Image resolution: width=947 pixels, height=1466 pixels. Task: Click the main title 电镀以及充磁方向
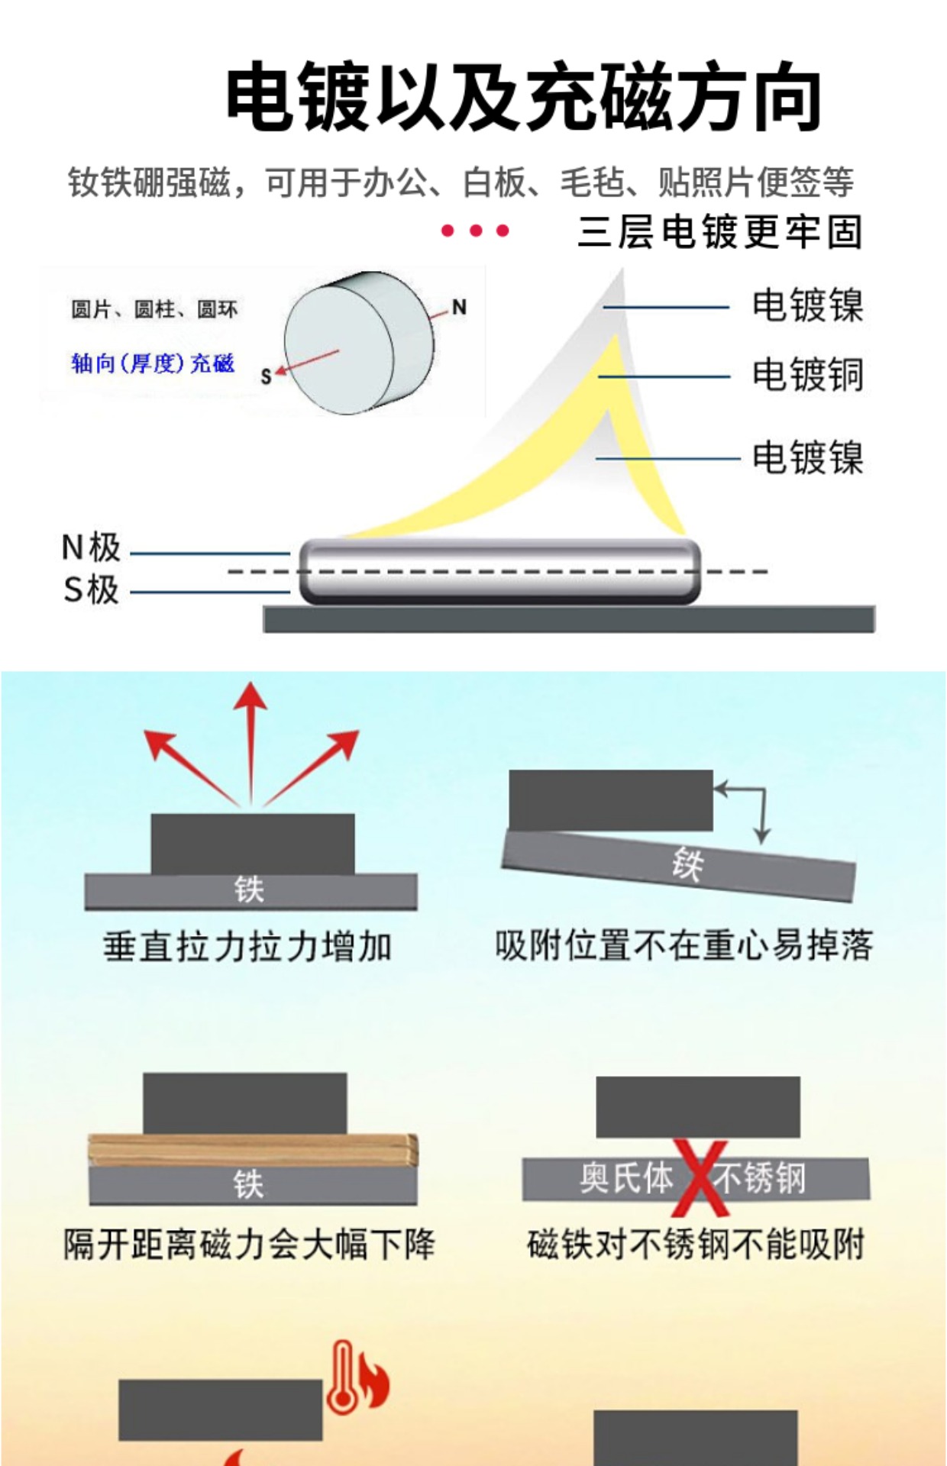[x=522, y=98]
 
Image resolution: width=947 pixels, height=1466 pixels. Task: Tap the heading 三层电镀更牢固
[x=719, y=232]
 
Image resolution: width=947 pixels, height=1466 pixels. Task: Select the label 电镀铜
[x=807, y=375]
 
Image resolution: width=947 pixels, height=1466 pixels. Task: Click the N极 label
[x=91, y=547]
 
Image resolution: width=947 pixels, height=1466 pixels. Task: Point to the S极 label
[x=91, y=590]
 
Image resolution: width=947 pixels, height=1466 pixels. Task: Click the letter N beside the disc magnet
[x=459, y=307]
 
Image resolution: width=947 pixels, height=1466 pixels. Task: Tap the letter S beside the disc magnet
[x=266, y=376]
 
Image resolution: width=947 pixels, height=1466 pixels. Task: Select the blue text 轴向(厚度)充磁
[x=153, y=363]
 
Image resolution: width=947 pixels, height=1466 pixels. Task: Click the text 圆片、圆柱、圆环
[x=154, y=309]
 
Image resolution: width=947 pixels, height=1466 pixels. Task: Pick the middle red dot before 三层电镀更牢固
[x=475, y=231]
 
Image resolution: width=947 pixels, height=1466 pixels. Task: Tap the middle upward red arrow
[x=250, y=741]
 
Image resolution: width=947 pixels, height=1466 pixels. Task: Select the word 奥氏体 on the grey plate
[x=625, y=1177]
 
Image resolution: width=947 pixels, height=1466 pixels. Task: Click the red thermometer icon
[x=342, y=1376]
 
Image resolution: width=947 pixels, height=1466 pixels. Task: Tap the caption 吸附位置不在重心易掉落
[x=684, y=946]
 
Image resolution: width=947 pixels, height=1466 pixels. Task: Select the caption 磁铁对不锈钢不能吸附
[x=696, y=1245]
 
